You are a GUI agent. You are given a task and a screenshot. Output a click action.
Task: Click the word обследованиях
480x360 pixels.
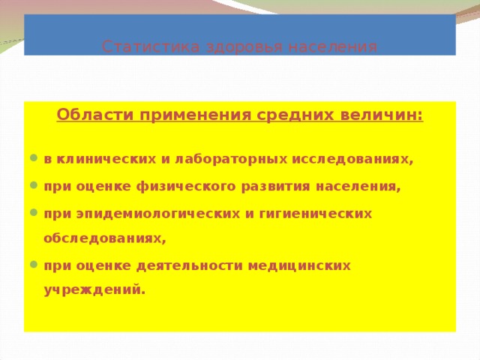click(x=104, y=239)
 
